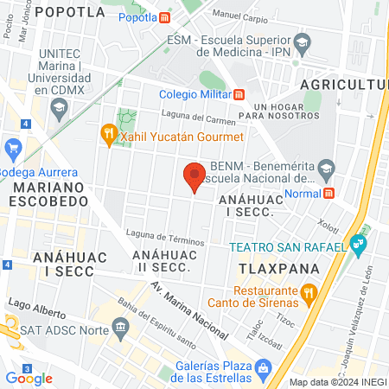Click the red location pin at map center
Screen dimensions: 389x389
[194, 176]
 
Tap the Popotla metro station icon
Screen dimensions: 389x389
[165, 17]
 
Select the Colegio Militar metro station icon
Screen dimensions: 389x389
[239, 95]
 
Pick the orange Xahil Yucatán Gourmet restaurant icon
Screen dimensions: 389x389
[108, 133]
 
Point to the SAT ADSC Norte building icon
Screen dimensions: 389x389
[121, 328]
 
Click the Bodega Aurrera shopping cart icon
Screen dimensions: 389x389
[13, 149]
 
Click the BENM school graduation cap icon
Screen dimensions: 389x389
[326, 167]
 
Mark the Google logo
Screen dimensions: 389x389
[29, 378]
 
